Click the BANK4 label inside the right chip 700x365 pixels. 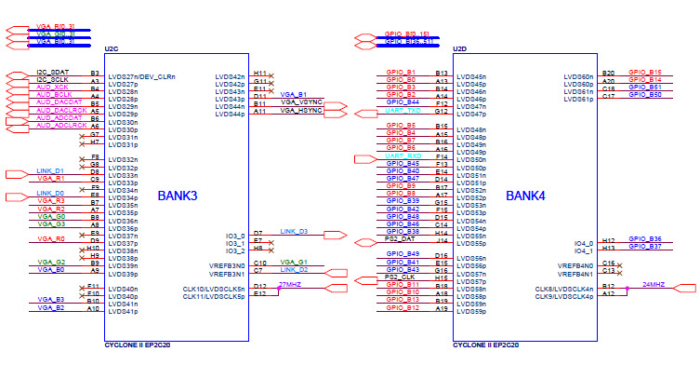click(525, 196)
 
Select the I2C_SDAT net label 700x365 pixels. click(53, 73)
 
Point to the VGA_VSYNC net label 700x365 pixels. click(300, 102)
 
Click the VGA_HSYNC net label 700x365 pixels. click(300, 111)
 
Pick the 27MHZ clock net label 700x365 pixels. click(290, 284)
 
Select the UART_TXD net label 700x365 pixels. click(403, 110)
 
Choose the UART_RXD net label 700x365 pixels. click(403, 155)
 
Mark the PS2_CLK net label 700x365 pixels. click(401, 277)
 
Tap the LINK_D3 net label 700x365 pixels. click(294, 231)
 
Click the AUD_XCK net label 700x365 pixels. click(53, 88)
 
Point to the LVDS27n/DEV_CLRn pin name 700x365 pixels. click(142, 76)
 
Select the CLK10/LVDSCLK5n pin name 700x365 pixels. click(214, 289)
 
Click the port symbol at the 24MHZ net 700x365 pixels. click(687, 290)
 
